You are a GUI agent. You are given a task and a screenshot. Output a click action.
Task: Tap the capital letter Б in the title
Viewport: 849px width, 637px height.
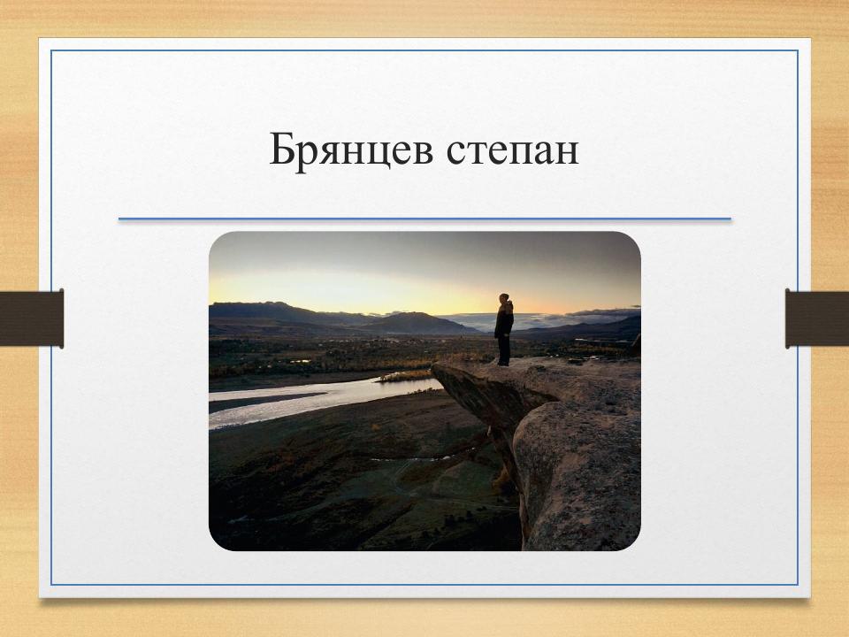(282, 150)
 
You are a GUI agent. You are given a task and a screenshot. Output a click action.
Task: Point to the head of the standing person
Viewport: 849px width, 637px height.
(504, 299)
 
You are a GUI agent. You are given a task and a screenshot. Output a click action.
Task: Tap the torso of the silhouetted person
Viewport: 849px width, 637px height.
(504, 319)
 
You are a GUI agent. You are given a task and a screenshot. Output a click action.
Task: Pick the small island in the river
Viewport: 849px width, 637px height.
(406, 376)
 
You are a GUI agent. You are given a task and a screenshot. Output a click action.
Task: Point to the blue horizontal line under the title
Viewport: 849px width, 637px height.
(424, 219)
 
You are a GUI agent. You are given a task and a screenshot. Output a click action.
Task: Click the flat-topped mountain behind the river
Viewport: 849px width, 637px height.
(416, 322)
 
